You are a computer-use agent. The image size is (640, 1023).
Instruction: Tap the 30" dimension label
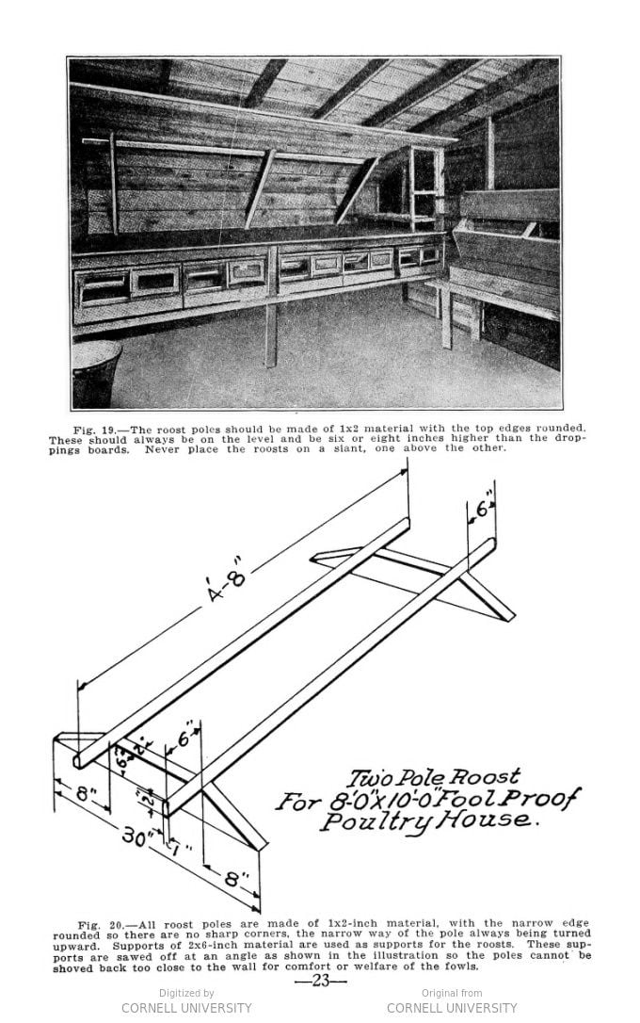pyautogui.click(x=137, y=835)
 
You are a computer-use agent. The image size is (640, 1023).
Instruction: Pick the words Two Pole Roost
pyautogui.click(x=433, y=778)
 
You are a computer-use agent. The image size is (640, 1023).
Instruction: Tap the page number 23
pyautogui.click(x=320, y=980)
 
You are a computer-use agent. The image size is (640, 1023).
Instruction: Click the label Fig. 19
pyautogui.click(x=95, y=429)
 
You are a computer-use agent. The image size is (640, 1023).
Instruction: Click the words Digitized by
pyautogui.click(x=186, y=993)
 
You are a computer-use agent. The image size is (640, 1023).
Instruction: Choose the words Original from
pyautogui.click(x=452, y=993)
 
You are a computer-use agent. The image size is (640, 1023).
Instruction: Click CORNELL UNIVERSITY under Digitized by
pyautogui.click(x=186, y=1008)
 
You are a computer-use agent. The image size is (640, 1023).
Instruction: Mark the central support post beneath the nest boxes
pyautogui.click(x=271, y=334)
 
